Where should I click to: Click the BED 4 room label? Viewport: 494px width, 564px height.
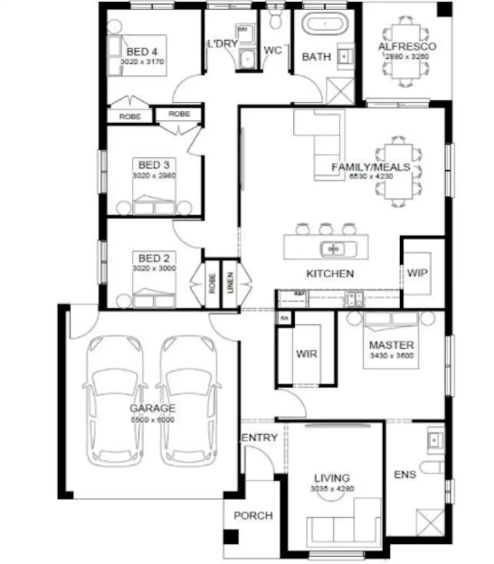pos(141,52)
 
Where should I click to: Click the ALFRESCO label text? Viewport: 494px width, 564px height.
pos(407,47)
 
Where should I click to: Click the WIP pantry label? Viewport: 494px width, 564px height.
pos(417,273)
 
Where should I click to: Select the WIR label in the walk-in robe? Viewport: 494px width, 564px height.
pos(306,354)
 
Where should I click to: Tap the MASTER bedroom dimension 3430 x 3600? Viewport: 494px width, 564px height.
pos(392,355)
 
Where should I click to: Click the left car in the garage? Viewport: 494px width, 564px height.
pos(115,400)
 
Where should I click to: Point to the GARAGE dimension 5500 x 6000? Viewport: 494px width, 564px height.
pos(152,420)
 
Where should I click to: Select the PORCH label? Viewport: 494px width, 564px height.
pos(253,515)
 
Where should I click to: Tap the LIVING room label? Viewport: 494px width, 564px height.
pos(332,478)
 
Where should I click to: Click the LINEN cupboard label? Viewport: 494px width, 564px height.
pos(231,283)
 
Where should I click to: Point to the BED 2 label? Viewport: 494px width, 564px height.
pos(154,258)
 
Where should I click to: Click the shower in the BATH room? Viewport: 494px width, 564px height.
pos(340,91)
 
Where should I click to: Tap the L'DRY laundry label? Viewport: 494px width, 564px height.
pos(223,44)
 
